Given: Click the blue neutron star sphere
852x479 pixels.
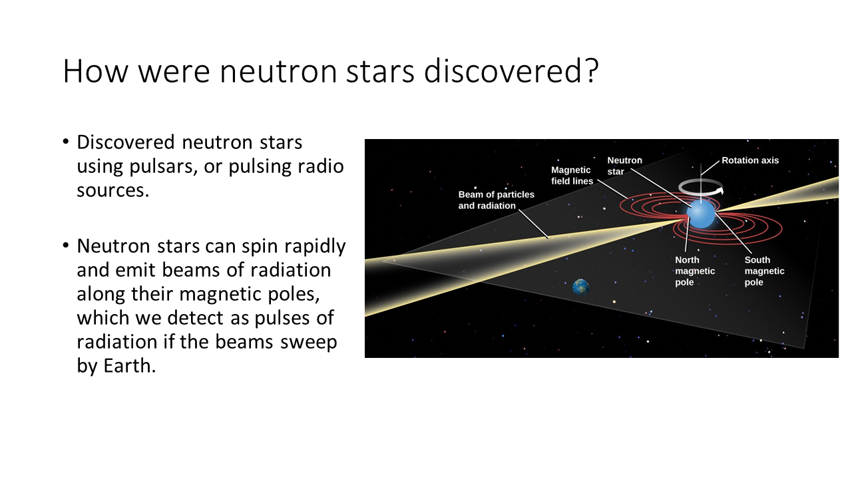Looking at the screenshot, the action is (x=701, y=214).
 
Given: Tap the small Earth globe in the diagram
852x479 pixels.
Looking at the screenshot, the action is (x=581, y=287).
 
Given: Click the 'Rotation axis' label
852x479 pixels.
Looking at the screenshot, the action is (x=750, y=160).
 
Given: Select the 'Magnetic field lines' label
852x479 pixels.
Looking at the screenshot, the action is (x=572, y=175).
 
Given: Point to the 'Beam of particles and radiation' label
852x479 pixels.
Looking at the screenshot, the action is (x=497, y=200).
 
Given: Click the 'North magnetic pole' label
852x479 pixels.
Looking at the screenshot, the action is (x=695, y=271).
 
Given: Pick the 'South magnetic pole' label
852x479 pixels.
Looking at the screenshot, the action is (x=765, y=271).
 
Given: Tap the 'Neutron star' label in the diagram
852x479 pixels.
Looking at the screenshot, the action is (x=624, y=166).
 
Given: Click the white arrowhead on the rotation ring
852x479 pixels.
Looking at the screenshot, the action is (x=720, y=190).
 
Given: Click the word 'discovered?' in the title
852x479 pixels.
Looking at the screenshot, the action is (x=511, y=71).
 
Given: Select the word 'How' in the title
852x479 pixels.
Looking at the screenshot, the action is (x=95, y=71).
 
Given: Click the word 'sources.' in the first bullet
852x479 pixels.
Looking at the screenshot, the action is (x=113, y=190).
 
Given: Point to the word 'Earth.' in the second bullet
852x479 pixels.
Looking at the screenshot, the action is (x=130, y=366).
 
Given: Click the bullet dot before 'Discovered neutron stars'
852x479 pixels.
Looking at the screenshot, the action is (x=66, y=142).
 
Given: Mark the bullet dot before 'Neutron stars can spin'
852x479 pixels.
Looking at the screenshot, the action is (x=66, y=245).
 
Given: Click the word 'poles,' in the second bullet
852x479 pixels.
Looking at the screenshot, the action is (x=294, y=294).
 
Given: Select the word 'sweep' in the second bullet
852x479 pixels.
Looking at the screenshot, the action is (x=308, y=342).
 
